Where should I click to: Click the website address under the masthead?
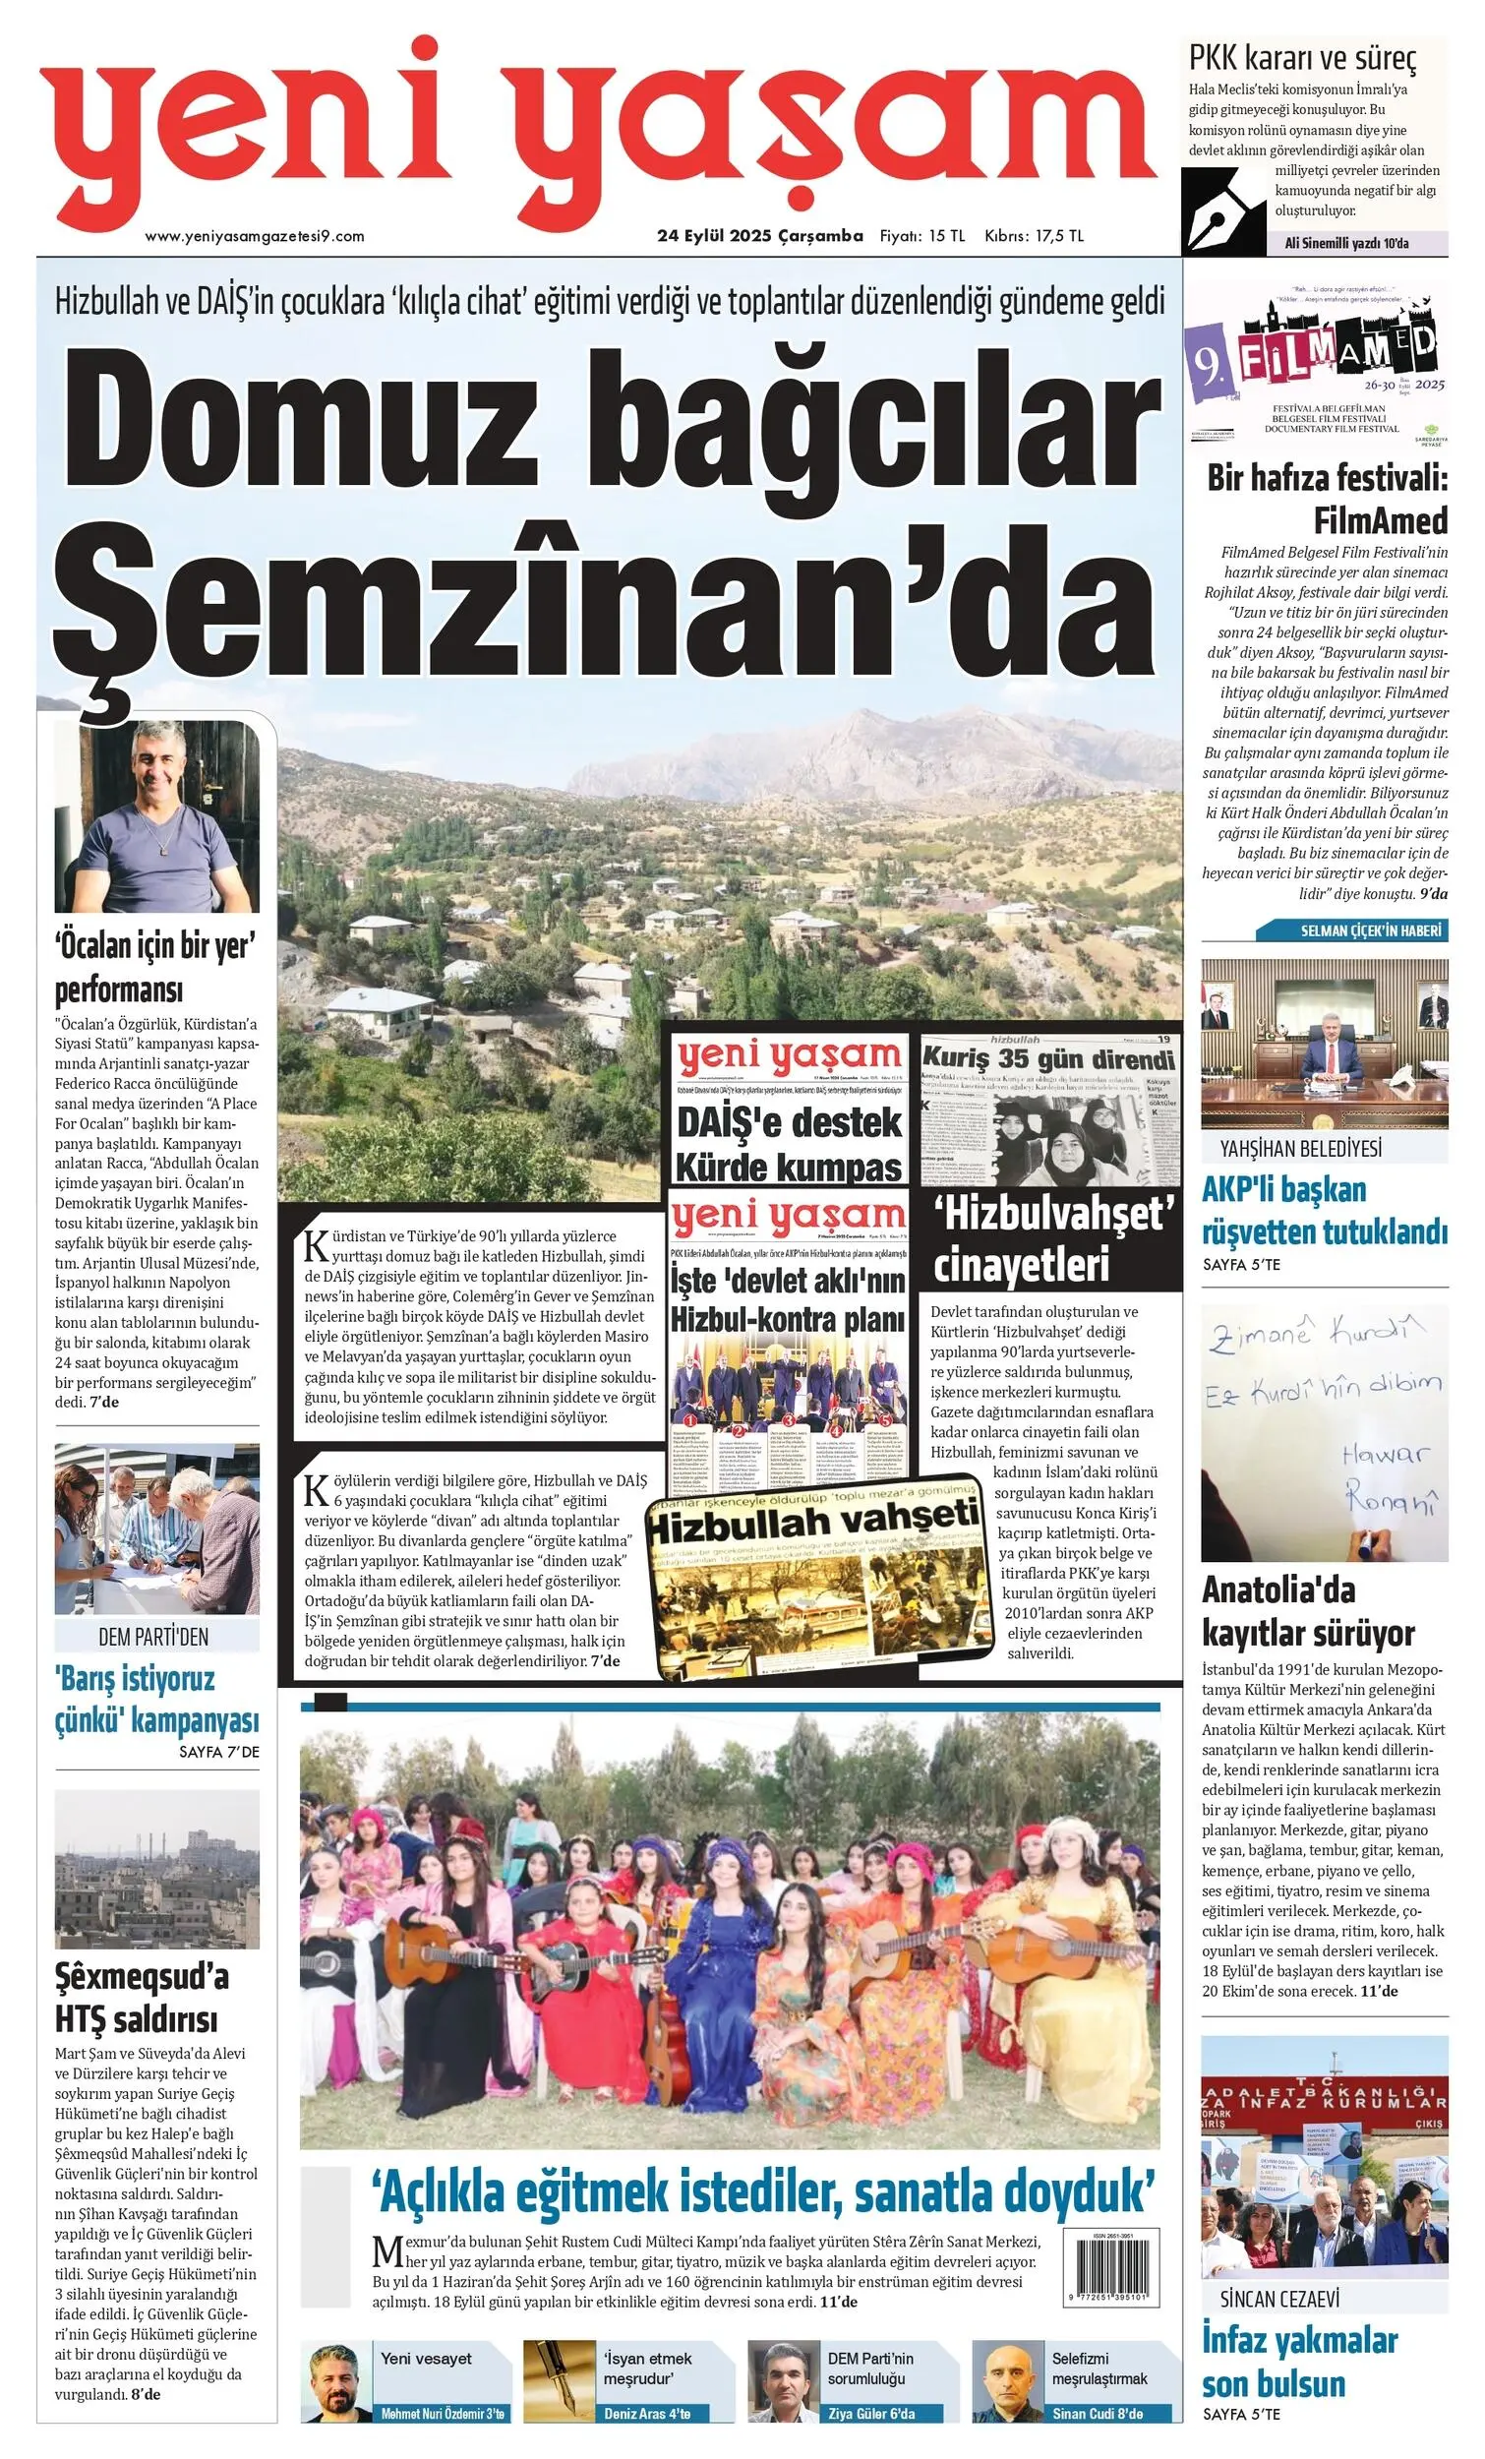pyautogui.click(x=255, y=236)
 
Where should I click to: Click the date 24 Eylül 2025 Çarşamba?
pyautogui.click(x=759, y=236)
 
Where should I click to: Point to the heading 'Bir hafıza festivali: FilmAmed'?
pyautogui.click(x=1327, y=499)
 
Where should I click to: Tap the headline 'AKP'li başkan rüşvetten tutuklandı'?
pyautogui.click(x=1324, y=1211)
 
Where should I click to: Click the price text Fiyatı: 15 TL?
pyautogui.click(x=922, y=236)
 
